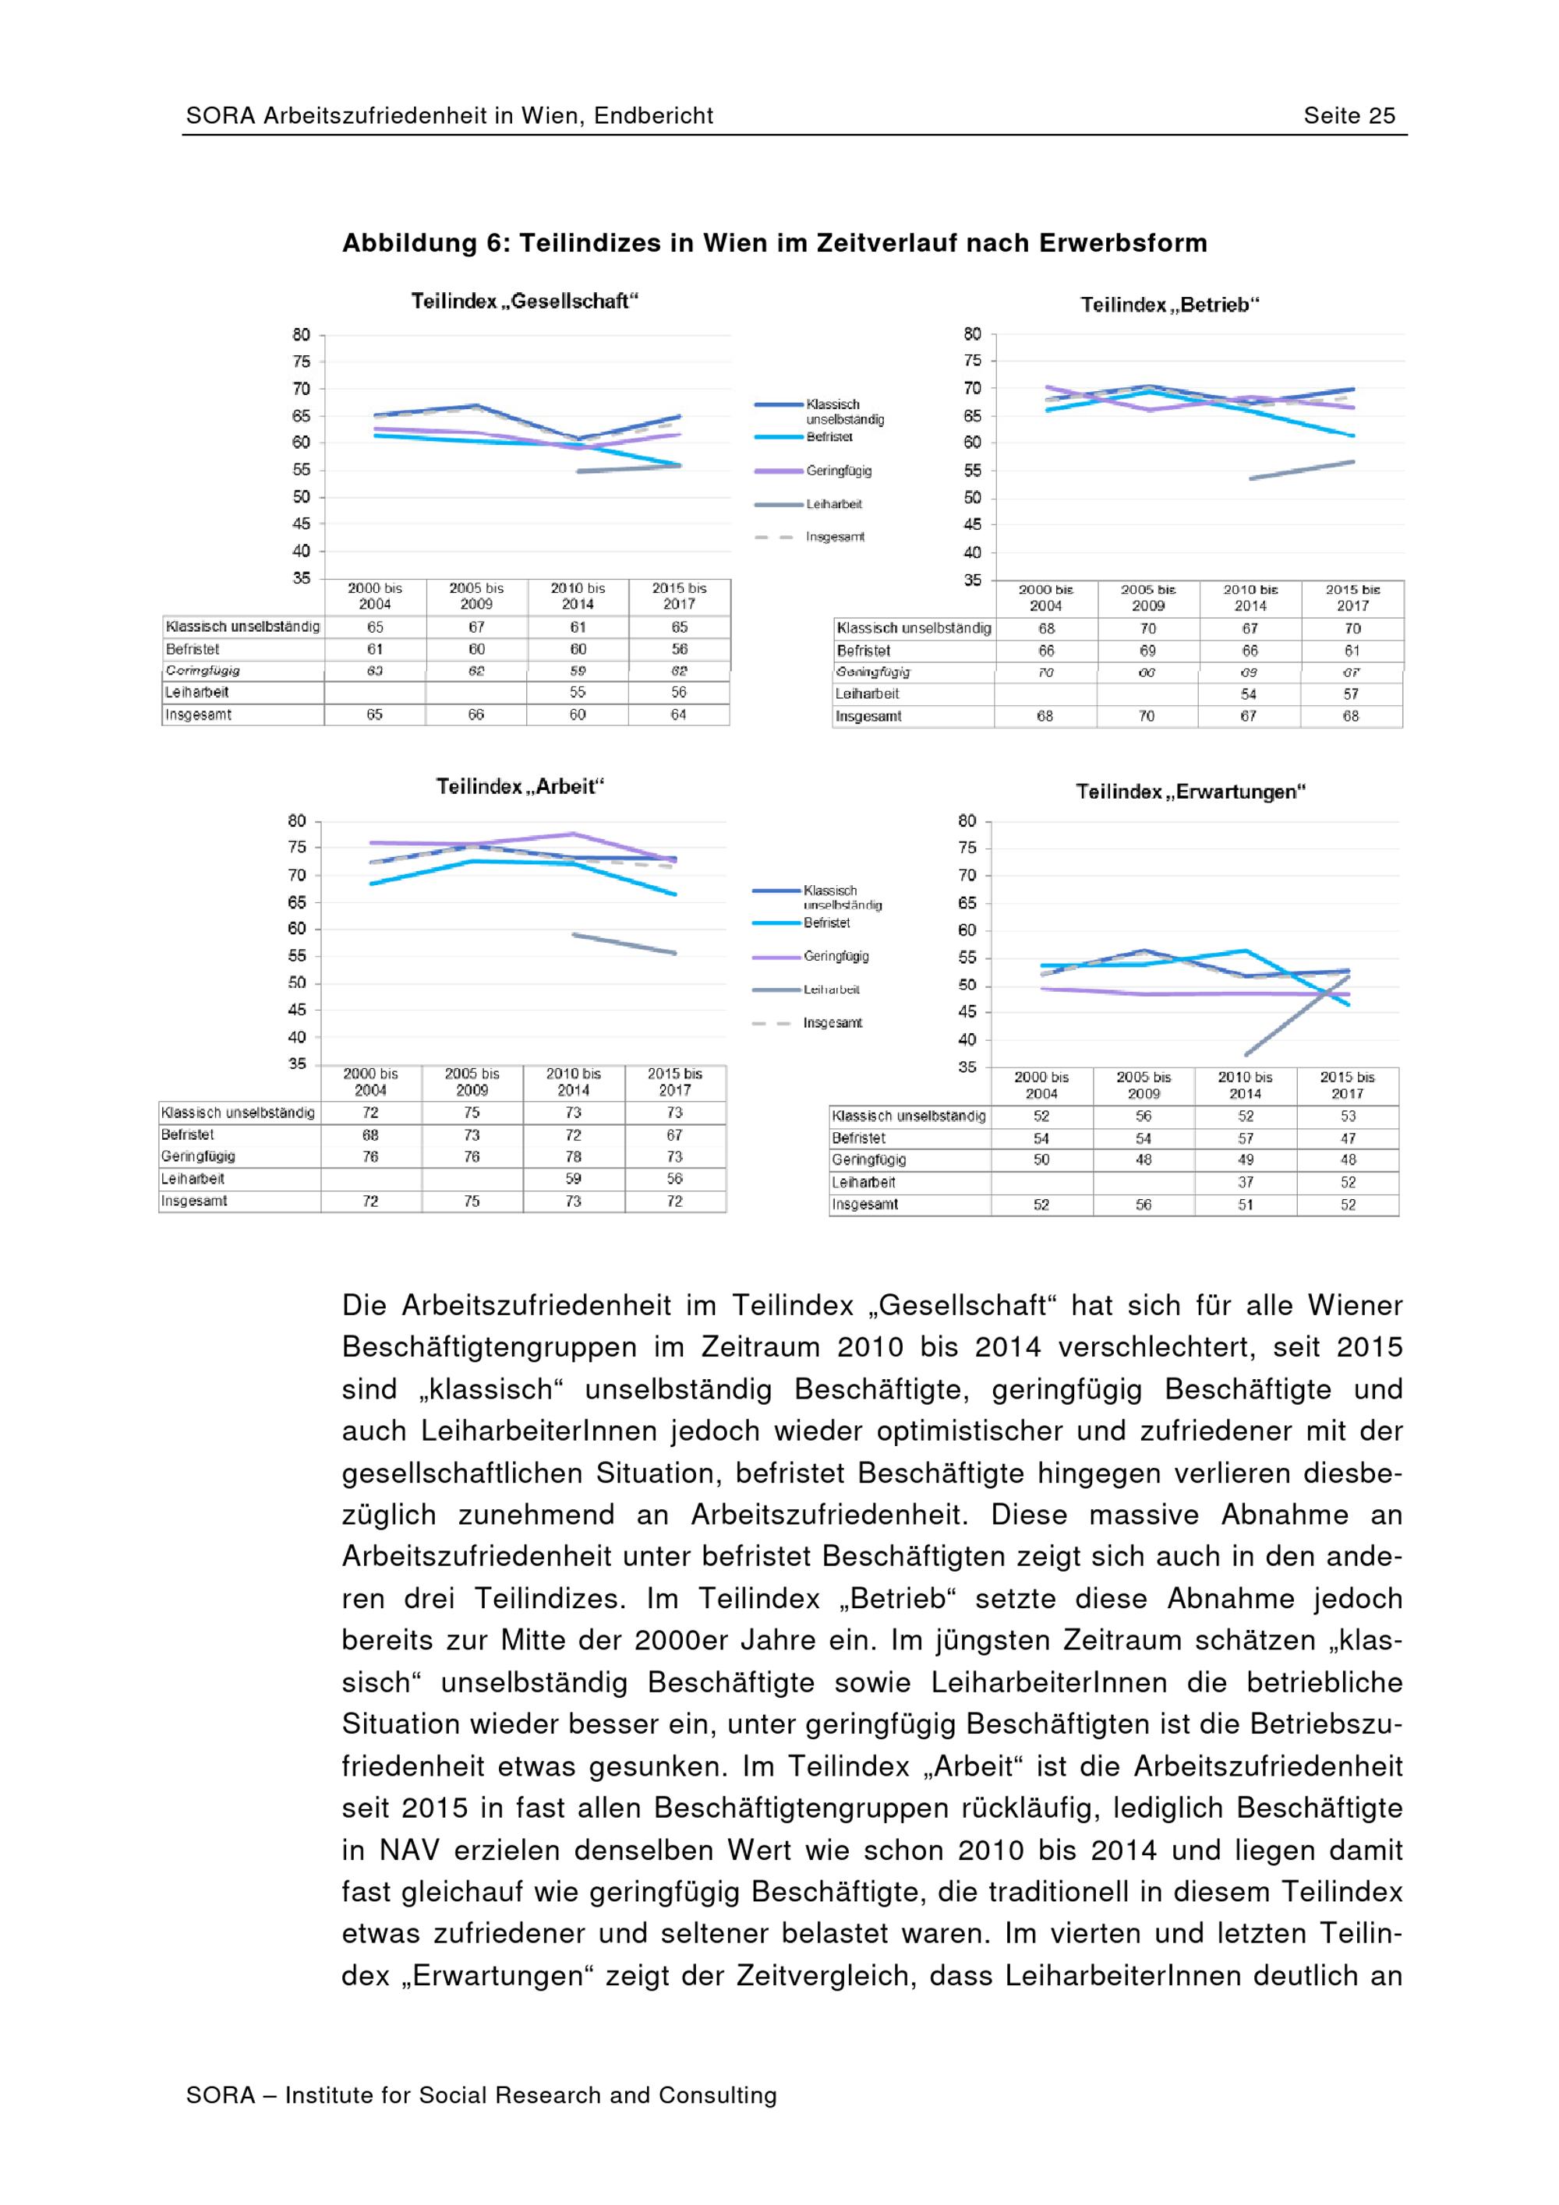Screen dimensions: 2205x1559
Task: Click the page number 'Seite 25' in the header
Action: (x=1348, y=116)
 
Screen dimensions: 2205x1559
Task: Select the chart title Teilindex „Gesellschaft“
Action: (x=525, y=302)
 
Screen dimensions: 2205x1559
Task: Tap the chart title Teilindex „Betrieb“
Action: (x=1169, y=305)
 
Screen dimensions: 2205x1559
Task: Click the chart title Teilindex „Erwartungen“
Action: (x=1190, y=792)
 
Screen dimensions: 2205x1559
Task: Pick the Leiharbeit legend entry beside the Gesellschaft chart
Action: (x=833, y=504)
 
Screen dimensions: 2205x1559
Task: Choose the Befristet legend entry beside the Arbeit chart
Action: (x=826, y=923)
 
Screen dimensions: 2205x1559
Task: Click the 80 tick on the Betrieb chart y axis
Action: (x=972, y=334)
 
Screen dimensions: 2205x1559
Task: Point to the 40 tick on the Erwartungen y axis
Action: (x=967, y=1039)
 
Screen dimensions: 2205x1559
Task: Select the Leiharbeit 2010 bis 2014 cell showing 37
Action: (x=1245, y=1182)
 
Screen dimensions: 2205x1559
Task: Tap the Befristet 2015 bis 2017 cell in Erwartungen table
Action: (x=1348, y=1138)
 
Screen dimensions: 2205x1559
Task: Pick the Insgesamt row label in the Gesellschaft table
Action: (x=199, y=714)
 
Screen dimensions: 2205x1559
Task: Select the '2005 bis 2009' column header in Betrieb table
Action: (x=1148, y=598)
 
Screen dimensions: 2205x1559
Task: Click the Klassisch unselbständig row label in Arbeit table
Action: (x=239, y=1112)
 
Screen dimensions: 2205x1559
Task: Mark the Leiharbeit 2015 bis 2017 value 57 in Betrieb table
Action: (x=1351, y=693)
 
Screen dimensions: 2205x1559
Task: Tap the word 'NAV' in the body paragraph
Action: (x=406, y=1850)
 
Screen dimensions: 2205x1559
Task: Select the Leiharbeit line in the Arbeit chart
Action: (x=624, y=943)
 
